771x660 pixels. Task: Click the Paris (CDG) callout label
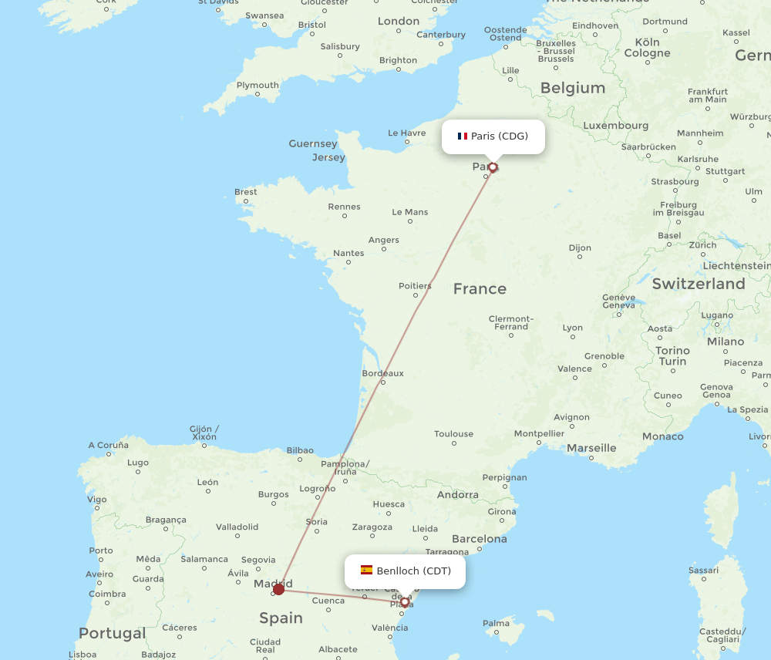493,136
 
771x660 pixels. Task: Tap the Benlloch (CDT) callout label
405,571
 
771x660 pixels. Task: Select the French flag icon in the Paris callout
463,136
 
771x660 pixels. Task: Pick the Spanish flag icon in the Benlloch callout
366,571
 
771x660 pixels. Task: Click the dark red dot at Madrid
278,589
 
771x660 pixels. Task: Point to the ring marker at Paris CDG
493,167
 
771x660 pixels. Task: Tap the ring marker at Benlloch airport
404,602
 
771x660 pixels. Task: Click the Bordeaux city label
382,373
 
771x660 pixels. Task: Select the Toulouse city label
453,434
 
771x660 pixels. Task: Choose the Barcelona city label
479,539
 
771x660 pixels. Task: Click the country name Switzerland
698,284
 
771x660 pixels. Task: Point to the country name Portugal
112,633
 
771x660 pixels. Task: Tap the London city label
398,22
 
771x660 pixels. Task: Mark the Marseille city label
591,448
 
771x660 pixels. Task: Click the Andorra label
457,495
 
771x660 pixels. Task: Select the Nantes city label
348,253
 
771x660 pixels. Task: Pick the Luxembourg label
615,126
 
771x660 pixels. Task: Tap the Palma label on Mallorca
497,623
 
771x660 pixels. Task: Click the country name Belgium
572,88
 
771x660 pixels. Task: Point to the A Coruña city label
109,445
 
